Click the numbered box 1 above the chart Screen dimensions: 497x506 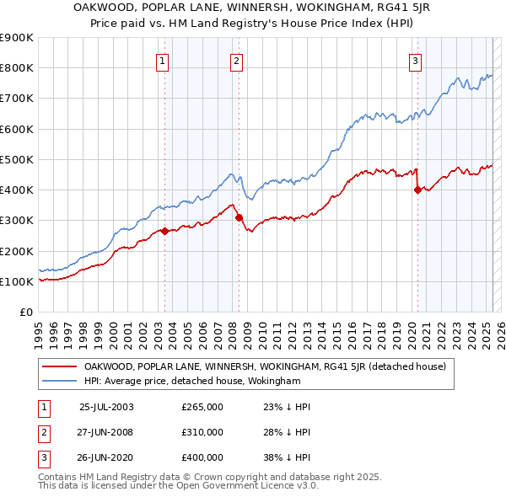point(161,60)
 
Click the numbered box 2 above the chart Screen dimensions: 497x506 point(237,60)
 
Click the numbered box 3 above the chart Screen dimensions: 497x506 point(416,60)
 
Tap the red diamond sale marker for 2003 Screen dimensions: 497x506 point(165,232)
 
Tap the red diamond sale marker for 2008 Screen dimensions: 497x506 point(239,217)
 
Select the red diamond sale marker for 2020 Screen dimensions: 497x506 point(417,190)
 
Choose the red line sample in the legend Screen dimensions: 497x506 point(59,366)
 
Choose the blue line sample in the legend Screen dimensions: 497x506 point(59,381)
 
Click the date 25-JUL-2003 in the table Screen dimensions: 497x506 point(106,407)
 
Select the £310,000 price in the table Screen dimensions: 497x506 point(202,432)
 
